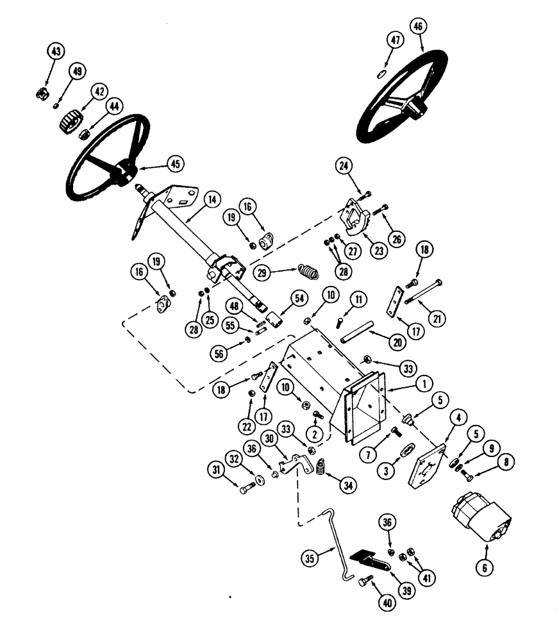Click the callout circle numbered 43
[x=55, y=51]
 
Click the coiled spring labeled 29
[x=310, y=273]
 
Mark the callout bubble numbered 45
[x=174, y=163]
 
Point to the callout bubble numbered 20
[x=398, y=342]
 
